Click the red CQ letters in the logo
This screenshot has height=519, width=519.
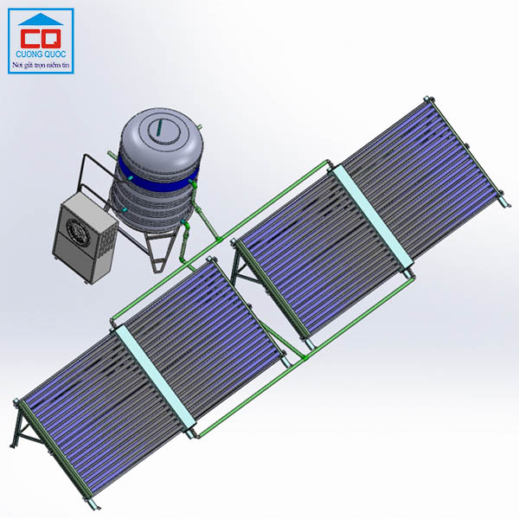coord(41,38)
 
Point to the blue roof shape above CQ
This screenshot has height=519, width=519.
coord(41,20)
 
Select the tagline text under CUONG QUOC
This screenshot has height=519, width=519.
coord(41,65)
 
